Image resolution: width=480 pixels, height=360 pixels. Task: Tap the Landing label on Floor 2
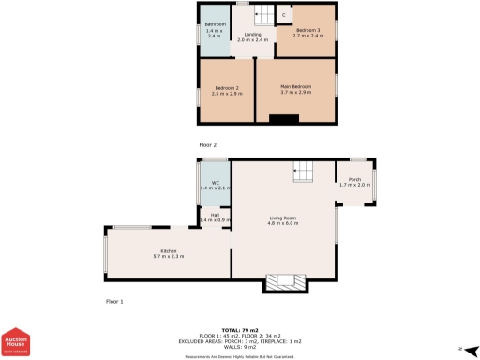coord(252,34)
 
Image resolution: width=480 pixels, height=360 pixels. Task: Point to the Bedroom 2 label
coord(225,88)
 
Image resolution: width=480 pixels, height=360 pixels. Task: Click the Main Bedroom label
coord(295,88)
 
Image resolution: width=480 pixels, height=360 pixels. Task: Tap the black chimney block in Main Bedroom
coord(284,118)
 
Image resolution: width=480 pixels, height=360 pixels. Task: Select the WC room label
coord(214,183)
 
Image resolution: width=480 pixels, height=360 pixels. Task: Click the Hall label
coord(215,215)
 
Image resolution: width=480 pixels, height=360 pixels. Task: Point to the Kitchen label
coord(169,250)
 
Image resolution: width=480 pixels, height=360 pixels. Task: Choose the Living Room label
coord(282,217)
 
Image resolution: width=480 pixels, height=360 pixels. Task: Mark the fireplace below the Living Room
coord(283,282)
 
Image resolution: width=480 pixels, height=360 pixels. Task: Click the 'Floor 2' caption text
coord(207,145)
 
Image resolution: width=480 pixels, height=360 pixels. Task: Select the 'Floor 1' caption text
coord(114,301)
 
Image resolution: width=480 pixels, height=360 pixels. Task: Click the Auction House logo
coord(15,344)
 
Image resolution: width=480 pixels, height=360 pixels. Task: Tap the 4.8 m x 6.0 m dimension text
coord(282,223)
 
